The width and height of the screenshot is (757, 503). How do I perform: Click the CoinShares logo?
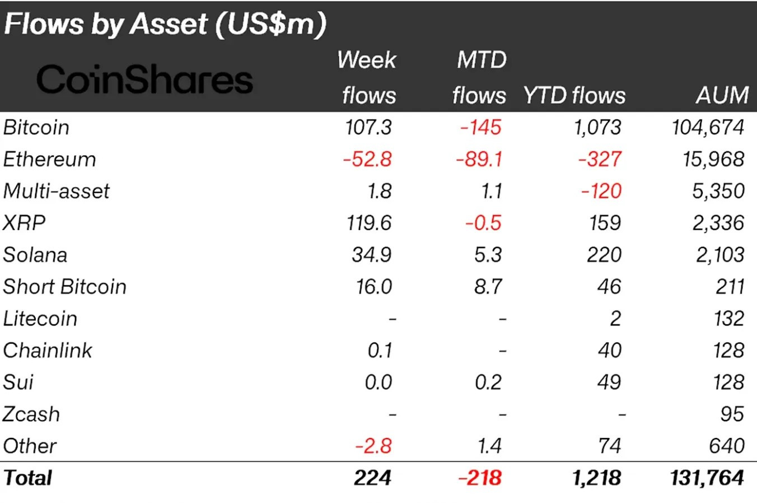click(144, 80)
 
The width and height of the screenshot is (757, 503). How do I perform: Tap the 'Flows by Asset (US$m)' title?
click(165, 24)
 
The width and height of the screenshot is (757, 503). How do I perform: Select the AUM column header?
click(722, 95)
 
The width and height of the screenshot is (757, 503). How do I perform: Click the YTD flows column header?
click(574, 95)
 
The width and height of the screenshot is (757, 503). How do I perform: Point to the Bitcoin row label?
click(36, 127)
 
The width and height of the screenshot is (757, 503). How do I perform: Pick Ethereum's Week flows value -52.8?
click(367, 159)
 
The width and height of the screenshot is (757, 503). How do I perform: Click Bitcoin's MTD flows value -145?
click(480, 127)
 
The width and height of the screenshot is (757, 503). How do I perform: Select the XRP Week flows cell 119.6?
click(369, 223)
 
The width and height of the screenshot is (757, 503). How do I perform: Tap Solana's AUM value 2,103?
click(720, 255)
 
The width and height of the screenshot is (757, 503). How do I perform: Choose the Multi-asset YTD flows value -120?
click(601, 191)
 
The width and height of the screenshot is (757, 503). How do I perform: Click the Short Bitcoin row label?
click(64, 287)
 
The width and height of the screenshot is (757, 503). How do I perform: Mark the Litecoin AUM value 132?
click(728, 319)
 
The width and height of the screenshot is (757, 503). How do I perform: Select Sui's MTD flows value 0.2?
click(488, 383)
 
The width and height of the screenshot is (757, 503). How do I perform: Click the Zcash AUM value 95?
click(732, 414)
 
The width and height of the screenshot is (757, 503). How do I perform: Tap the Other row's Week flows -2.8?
click(373, 446)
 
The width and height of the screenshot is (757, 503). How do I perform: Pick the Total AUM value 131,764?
click(707, 478)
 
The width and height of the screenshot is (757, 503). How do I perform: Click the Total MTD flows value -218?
click(480, 478)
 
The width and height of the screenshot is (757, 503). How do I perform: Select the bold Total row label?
click(28, 478)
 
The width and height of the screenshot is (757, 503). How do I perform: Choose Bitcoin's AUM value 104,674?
click(708, 127)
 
